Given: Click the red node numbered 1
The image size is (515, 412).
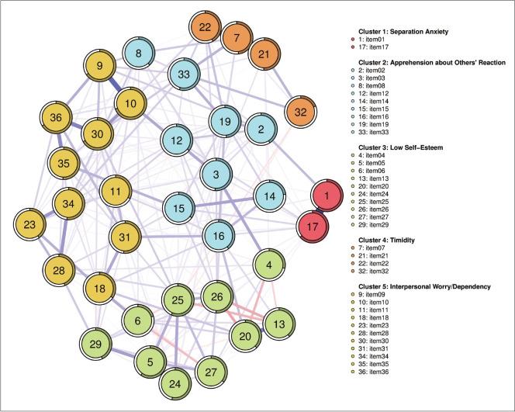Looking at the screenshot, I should point(328,197).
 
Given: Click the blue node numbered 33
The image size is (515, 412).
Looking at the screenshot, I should point(184,74).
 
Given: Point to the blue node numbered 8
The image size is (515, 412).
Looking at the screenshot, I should point(138,54).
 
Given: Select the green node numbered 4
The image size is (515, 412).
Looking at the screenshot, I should point(269,266).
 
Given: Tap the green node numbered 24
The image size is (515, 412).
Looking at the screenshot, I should point(175,383).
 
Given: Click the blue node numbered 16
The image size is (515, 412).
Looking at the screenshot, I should point(219,235).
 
